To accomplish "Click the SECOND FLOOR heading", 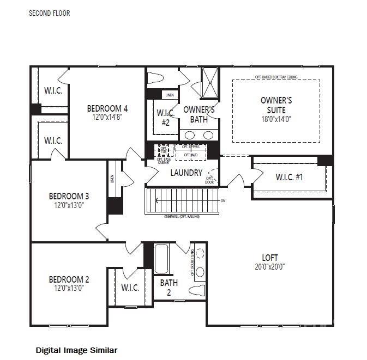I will click(49, 13).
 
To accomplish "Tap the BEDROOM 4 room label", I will click(107, 108).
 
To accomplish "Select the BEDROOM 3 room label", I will click(69, 196).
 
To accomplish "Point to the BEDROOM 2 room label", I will click(69, 279).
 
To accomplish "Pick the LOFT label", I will click(270, 258).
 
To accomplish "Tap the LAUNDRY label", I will click(186, 173).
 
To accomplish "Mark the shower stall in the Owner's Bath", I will click(209, 81).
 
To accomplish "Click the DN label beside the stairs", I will click(222, 200).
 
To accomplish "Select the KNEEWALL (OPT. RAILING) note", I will click(182, 217).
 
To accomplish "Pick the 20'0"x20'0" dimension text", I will click(270, 267).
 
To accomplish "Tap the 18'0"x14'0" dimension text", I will click(276, 119).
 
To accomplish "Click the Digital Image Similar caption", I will click(76, 350).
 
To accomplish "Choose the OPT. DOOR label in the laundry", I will click(209, 180).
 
